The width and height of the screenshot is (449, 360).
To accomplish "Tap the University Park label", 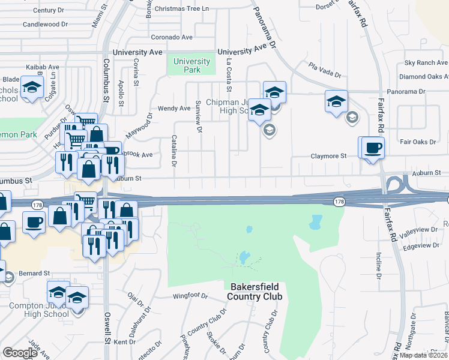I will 192,65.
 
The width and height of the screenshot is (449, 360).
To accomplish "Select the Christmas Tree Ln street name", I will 181,9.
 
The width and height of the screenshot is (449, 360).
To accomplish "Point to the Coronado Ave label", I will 172,37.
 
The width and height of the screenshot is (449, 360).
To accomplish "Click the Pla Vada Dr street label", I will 325,70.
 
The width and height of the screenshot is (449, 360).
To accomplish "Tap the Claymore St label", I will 328,156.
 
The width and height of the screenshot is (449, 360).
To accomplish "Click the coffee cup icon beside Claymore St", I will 372,148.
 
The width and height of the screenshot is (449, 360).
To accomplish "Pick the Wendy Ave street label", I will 174,109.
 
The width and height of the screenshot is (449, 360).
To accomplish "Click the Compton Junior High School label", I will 39,310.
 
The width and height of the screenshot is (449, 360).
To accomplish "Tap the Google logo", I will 20,353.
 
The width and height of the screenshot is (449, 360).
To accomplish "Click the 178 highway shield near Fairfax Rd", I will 339,202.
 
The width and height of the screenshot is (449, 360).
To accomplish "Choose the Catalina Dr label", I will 174,151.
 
